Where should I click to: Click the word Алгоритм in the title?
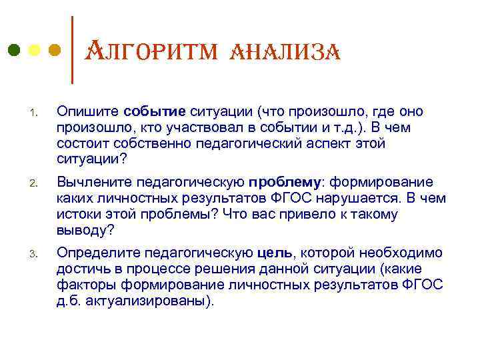(146, 51)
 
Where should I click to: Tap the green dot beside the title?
(14, 50)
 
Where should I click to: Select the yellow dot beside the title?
(35, 50)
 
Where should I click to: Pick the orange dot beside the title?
(55, 50)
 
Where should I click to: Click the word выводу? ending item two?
(87, 231)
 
